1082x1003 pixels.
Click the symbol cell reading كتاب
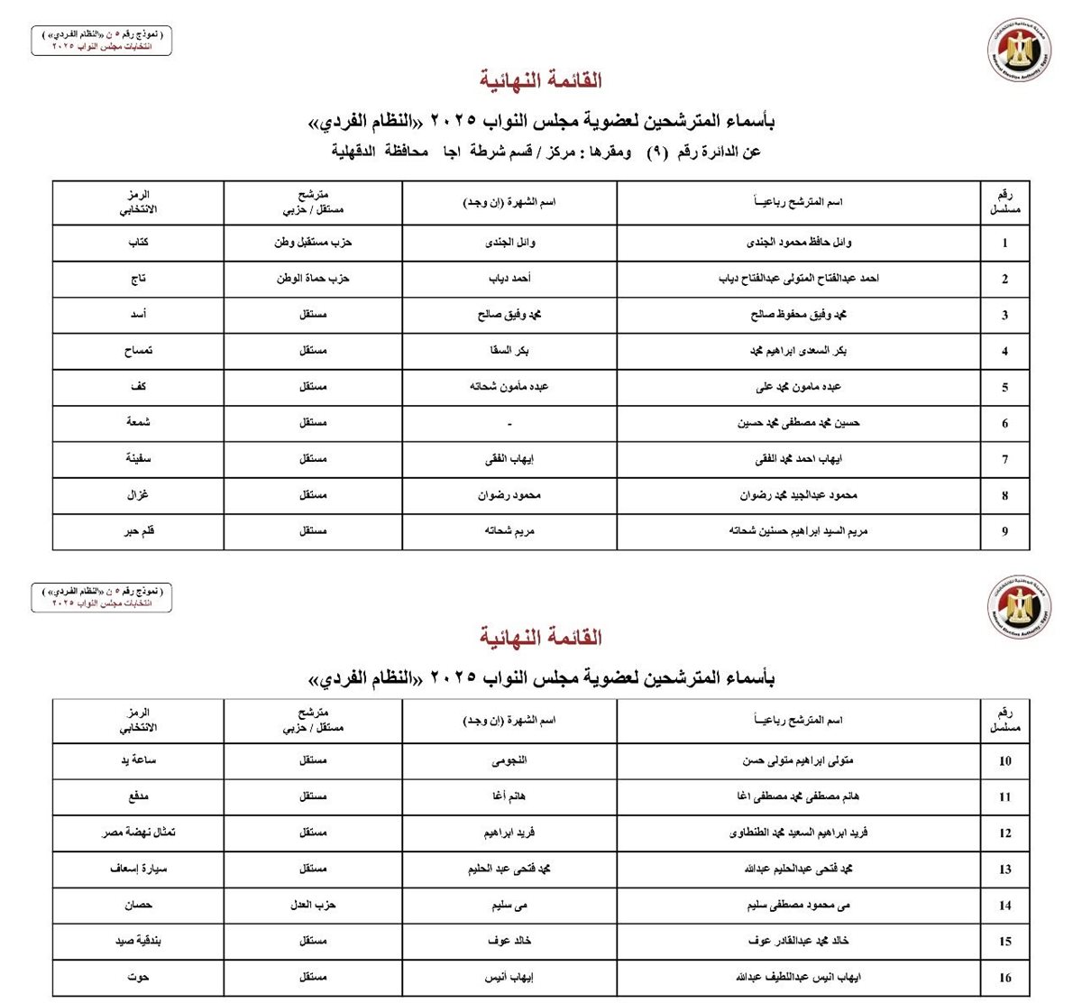point(138,243)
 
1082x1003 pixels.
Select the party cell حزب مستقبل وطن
point(313,243)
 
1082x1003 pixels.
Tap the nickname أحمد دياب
point(509,279)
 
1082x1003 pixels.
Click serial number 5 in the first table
point(1004,388)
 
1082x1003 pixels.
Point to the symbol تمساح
point(138,351)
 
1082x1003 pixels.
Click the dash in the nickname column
point(509,423)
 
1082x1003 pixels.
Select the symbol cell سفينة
point(138,459)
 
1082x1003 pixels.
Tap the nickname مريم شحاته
point(509,531)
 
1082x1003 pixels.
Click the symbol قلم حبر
point(138,531)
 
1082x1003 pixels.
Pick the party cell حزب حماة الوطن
point(313,279)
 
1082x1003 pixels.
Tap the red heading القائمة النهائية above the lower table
point(541,638)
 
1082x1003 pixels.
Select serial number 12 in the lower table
point(1004,833)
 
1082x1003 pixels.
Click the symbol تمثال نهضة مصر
point(138,833)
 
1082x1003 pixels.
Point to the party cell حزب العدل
point(313,905)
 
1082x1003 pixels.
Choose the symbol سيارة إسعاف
point(138,869)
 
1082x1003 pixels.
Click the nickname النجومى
point(509,760)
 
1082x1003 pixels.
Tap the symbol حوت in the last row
point(138,977)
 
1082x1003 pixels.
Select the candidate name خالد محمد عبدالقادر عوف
point(799,941)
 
